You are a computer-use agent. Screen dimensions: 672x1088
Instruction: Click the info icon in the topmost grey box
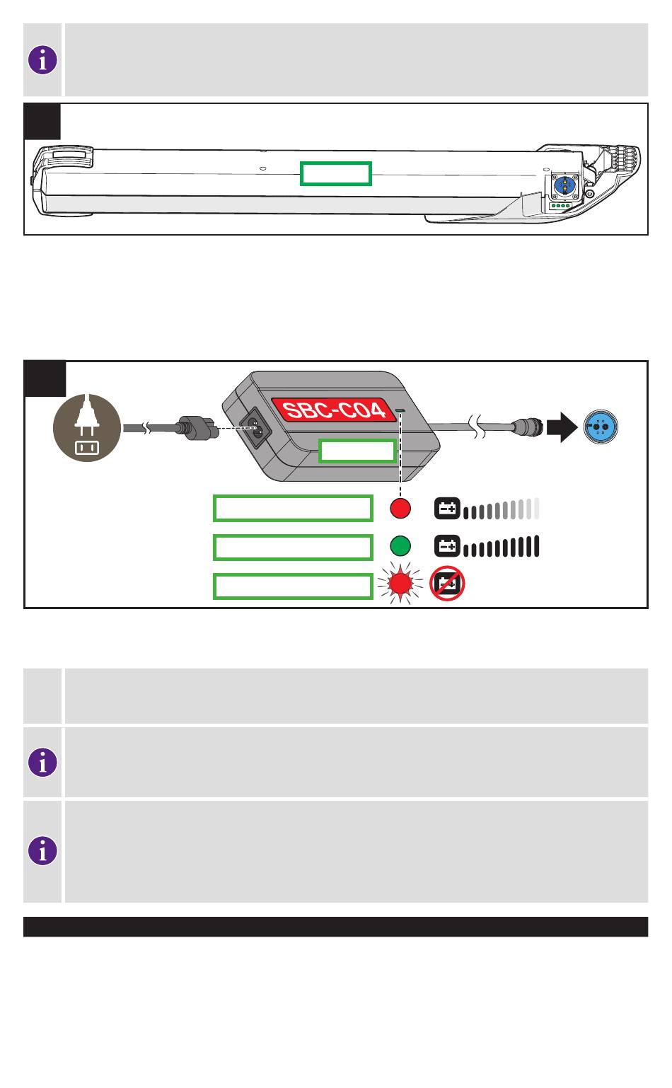[43, 60]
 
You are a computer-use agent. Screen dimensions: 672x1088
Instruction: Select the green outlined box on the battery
[335, 173]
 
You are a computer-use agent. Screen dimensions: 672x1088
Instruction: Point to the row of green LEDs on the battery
[561, 207]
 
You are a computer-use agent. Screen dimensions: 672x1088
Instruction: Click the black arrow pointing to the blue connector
[563, 428]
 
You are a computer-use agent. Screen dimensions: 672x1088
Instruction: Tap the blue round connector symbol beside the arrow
[601, 428]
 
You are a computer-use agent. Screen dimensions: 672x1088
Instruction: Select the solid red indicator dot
[400, 508]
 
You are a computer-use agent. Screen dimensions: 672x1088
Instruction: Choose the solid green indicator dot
[400, 546]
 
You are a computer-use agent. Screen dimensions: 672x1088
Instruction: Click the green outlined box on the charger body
[357, 451]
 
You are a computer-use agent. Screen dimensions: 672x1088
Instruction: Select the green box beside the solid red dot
[293, 508]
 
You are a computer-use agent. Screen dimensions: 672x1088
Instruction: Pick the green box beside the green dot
[293, 547]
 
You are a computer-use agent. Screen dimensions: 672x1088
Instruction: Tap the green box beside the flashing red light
[293, 586]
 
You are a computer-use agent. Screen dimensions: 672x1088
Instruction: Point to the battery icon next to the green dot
[446, 546]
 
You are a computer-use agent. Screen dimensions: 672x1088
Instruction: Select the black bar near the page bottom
[335, 927]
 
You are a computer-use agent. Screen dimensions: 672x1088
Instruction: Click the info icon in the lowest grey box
[43, 851]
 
